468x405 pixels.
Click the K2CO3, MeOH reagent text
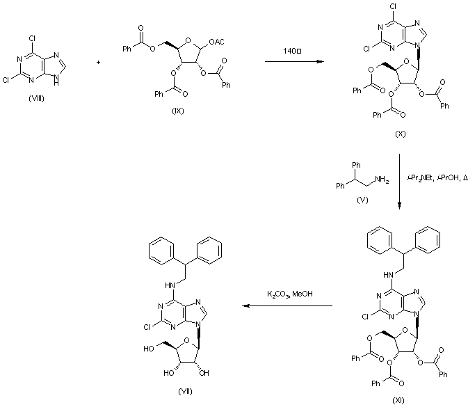coord(290,294)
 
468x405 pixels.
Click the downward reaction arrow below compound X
coord(400,181)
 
